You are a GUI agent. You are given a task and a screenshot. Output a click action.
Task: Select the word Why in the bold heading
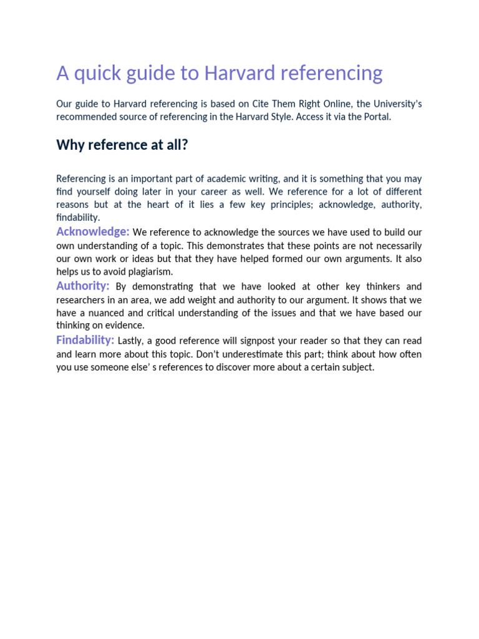(x=70, y=145)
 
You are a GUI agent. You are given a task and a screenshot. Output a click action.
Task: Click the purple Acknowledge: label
(x=93, y=232)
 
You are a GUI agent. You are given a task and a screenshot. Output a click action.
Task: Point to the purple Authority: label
(x=83, y=286)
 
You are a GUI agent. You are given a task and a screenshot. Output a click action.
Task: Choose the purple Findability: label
(x=85, y=340)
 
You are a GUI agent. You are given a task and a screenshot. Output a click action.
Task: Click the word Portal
(x=376, y=117)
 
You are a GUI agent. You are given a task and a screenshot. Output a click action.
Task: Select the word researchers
(x=81, y=300)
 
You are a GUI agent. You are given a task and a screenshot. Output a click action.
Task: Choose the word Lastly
(x=132, y=341)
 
